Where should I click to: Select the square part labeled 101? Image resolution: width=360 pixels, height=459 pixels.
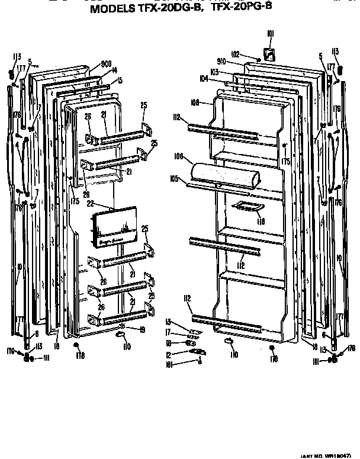pyautogui.click(x=268, y=55)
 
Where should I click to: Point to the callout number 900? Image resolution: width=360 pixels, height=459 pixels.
pyautogui.click(x=107, y=64)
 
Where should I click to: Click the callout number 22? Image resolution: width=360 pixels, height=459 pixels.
pyautogui.click(x=91, y=204)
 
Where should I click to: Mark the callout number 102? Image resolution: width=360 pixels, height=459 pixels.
pyautogui.click(x=235, y=54)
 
